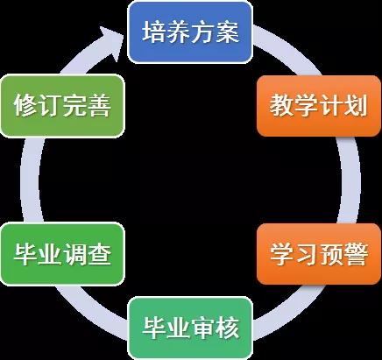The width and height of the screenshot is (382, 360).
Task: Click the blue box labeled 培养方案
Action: pyautogui.click(x=190, y=32)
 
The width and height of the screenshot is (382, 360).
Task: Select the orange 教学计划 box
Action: pyautogui.click(x=319, y=106)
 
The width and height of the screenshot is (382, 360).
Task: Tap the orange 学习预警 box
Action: pyautogui.click(x=319, y=254)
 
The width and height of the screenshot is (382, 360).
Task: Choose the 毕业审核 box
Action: pyautogui.click(x=190, y=328)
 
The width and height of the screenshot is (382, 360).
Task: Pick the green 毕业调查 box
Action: pyautogui.click(x=62, y=254)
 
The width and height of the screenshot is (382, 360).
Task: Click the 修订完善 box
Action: pyautogui.click(x=62, y=106)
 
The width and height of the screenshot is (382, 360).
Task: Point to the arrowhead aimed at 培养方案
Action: pyautogui.click(x=111, y=42)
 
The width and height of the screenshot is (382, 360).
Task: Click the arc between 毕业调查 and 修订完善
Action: pyautogui.click(x=30, y=180)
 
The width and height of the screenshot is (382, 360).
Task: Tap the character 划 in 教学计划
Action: pyautogui.click(x=356, y=106)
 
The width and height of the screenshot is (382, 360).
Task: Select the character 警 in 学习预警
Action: pyautogui.click(x=356, y=254)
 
